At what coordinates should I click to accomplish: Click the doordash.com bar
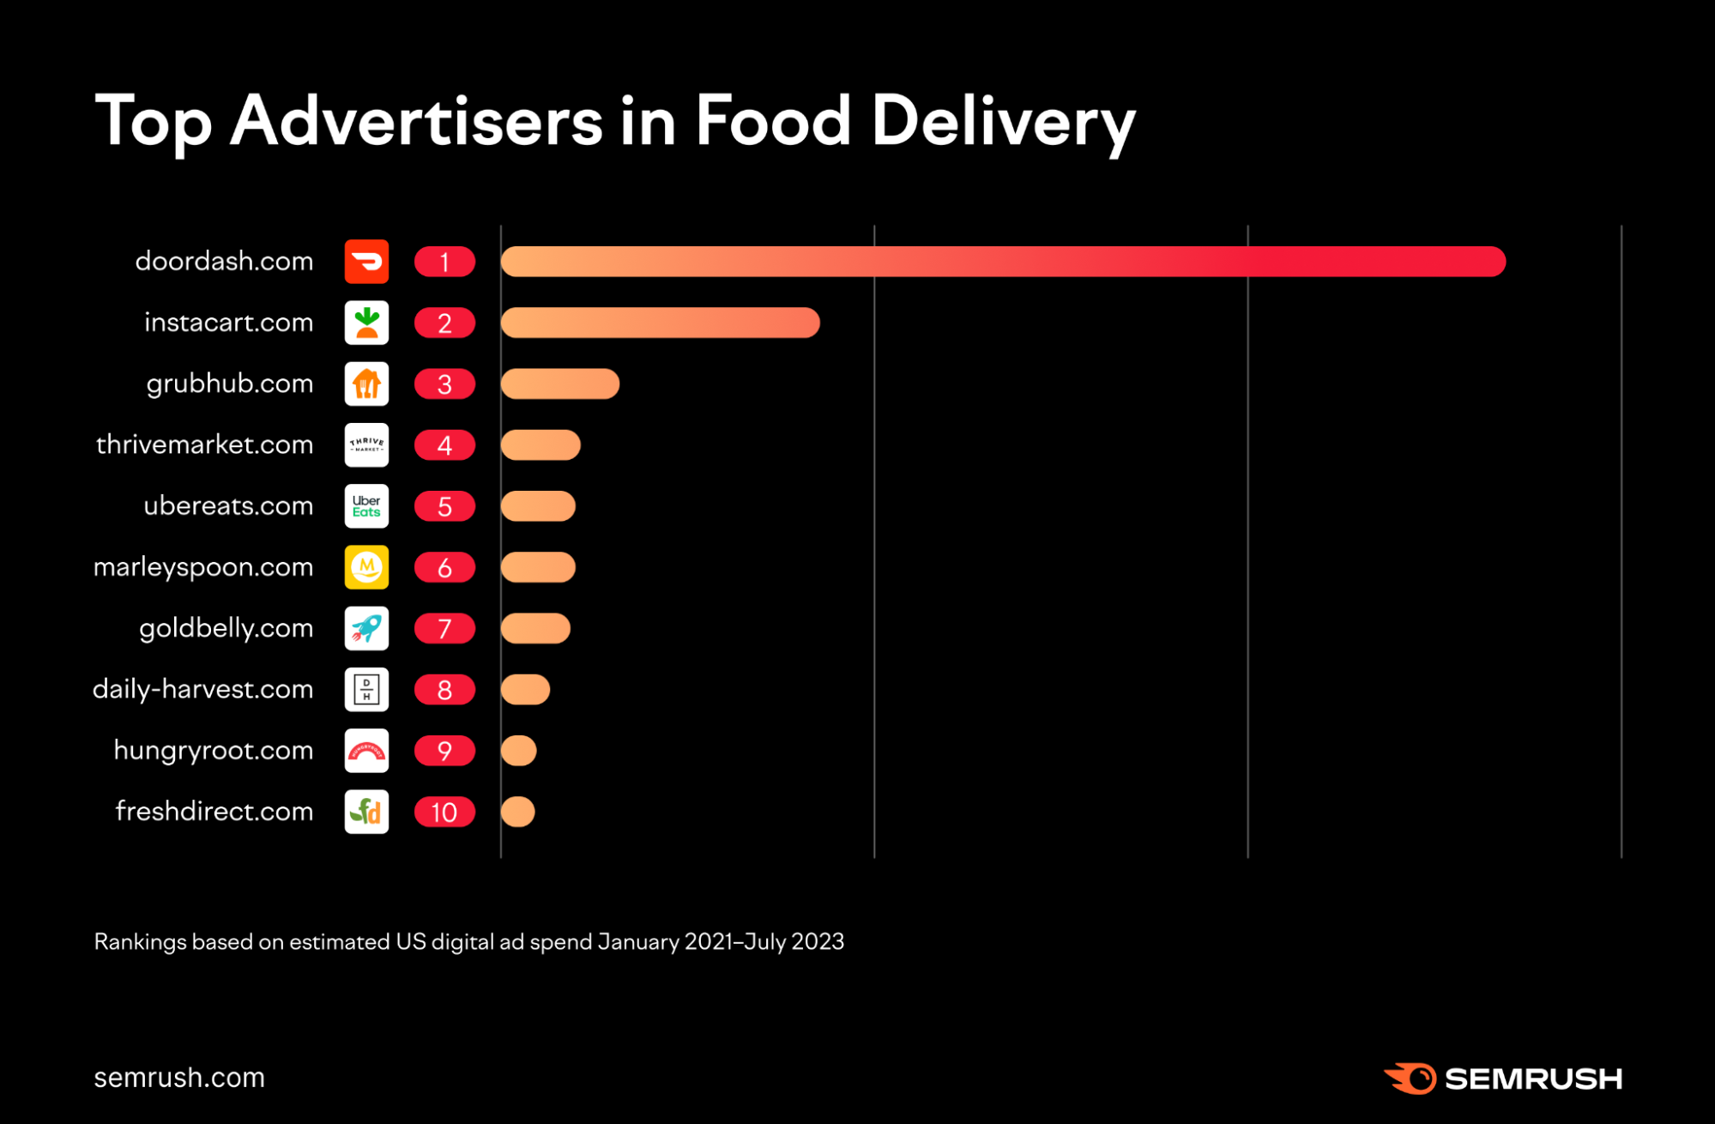(1002, 262)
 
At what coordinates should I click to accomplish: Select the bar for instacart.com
(660, 323)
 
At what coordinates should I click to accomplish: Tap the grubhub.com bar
(559, 384)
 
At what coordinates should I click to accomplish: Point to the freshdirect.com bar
(517, 812)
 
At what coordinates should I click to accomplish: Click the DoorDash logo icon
(366, 262)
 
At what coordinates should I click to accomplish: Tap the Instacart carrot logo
(366, 323)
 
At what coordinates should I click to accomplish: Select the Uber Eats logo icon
(366, 506)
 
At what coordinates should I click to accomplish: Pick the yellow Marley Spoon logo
(366, 567)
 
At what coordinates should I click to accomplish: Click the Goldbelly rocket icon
(366, 628)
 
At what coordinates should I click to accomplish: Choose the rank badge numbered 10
(444, 812)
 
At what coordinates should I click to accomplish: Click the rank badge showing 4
(444, 445)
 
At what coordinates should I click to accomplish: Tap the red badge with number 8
(444, 690)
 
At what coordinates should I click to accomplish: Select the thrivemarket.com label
(204, 444)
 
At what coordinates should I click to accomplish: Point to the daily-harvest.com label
(202, 689)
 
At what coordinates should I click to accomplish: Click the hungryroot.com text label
(213, 751)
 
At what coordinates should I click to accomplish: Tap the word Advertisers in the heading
(417, 121)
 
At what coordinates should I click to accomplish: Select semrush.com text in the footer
(179, 1078)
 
